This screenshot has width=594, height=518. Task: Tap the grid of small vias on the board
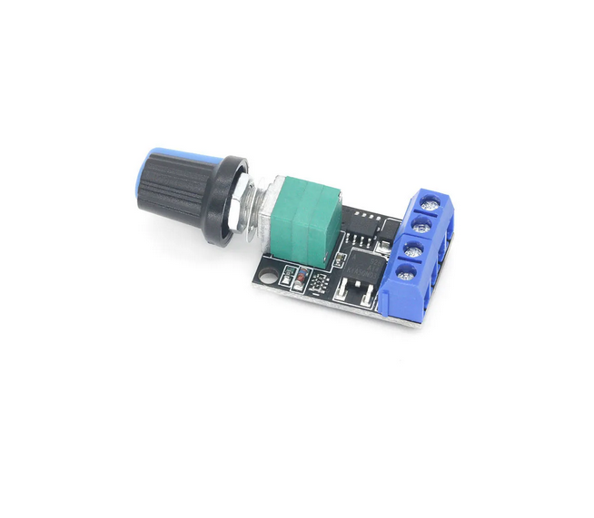click(319, 284)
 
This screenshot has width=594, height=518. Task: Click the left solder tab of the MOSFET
click(342, 291)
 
